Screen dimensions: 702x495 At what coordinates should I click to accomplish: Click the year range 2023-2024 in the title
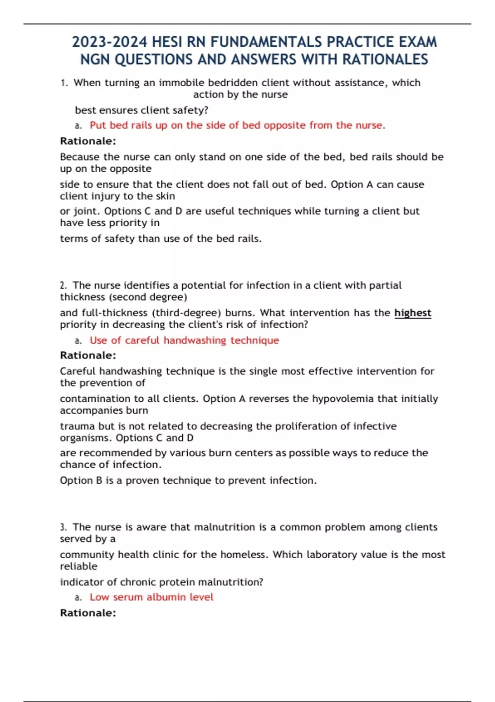(x=109, y=42)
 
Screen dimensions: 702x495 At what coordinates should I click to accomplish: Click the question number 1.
(x=64, y=83)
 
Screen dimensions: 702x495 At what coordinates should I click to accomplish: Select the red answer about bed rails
(x=237, y=126)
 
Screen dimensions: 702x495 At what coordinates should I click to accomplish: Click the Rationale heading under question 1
(x=88, y=141)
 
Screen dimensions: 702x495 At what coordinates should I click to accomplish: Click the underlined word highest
(x=412, y=313)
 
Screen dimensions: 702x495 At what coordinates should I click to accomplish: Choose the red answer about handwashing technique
(x=184, y=341)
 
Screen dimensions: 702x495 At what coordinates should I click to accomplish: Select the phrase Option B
(x=81, y=481)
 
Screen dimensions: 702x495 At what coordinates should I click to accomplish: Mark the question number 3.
(x=63, y=527)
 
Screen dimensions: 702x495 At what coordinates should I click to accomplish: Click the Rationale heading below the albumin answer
(x=88, y=613)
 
